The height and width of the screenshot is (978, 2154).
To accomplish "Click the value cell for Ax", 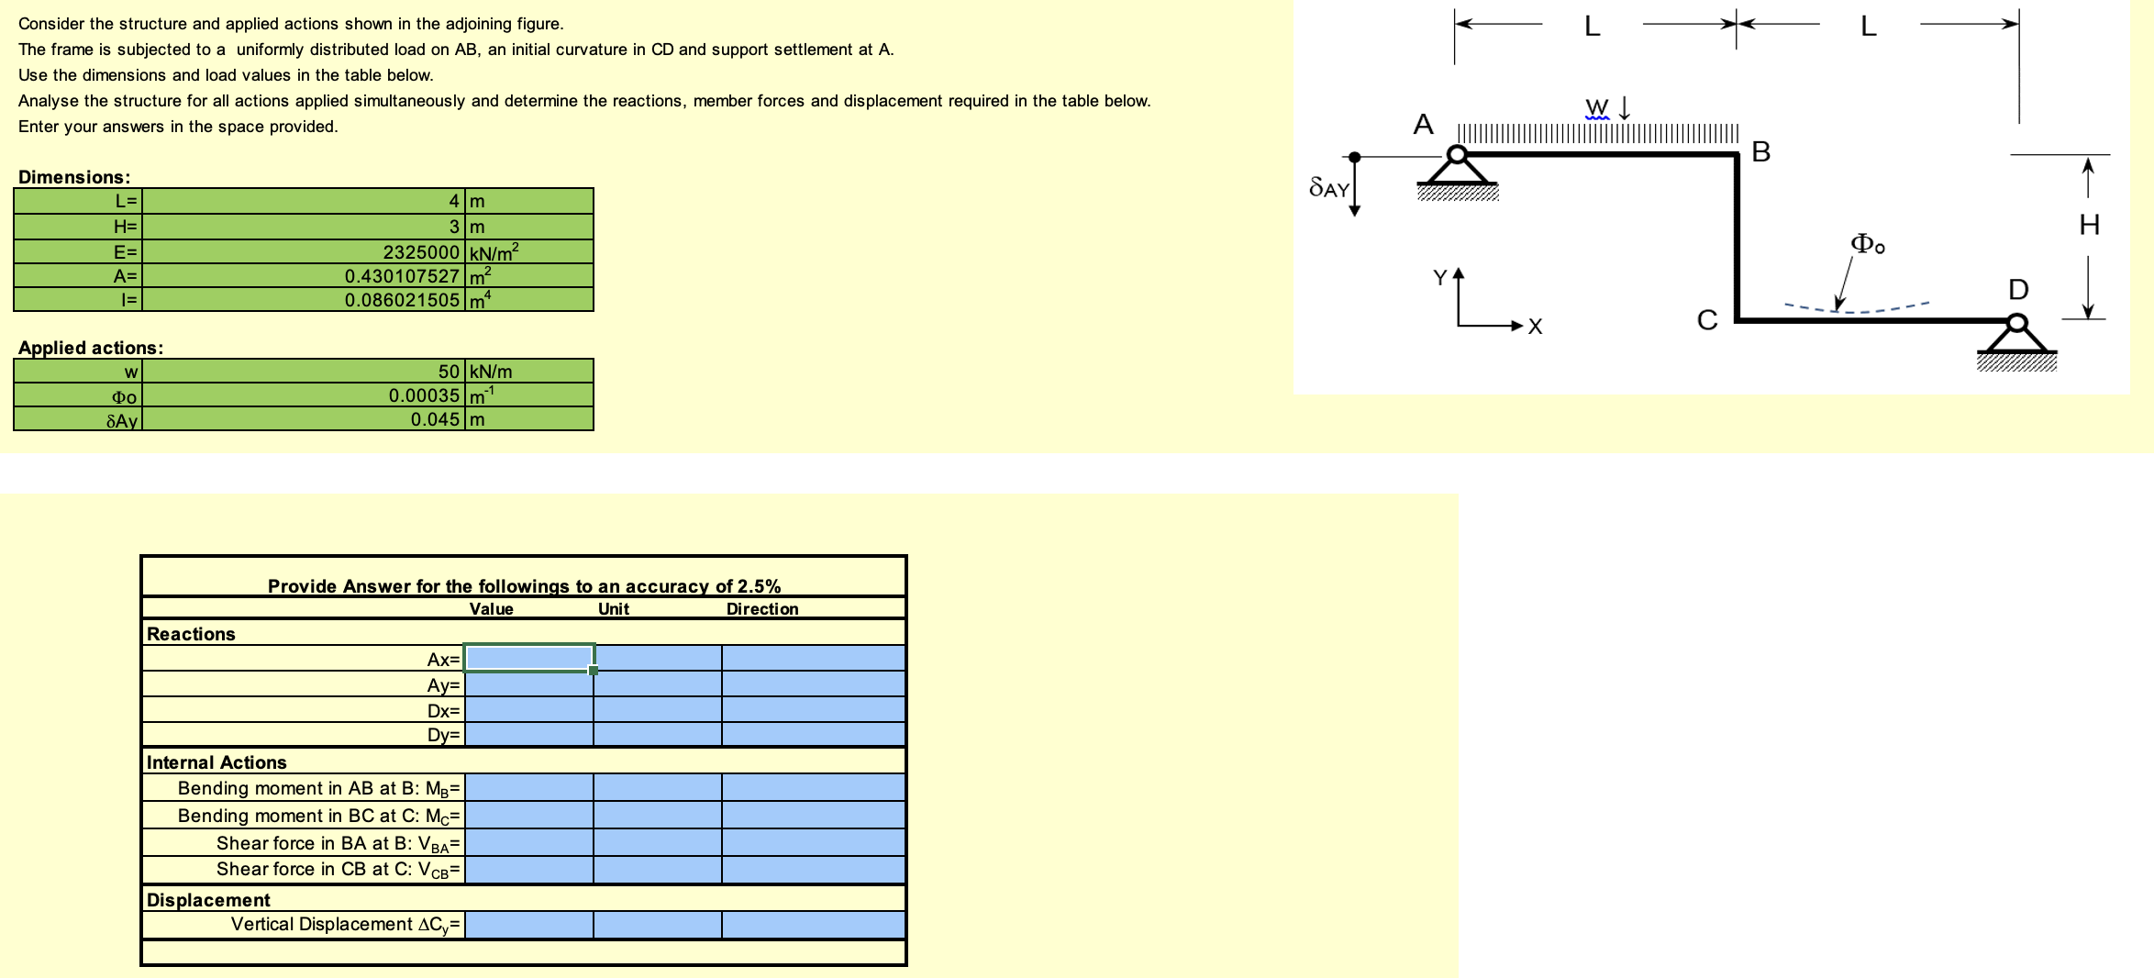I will tap(529, 658).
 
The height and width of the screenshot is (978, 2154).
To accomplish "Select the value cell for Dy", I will tap(529, 735).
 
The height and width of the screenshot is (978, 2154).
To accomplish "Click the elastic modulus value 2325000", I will tap(420, 252).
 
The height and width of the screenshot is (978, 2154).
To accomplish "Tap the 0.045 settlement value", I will tap(435, 419).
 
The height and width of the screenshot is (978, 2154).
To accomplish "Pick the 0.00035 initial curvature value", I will tap(424, 395).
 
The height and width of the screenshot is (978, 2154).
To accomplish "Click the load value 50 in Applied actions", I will tap(448, 372).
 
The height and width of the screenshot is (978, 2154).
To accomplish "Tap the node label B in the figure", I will tap(1760, 152).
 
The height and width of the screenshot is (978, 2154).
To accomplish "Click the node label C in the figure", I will tap(1706, 320).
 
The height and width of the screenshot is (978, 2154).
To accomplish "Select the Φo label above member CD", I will tap(1867, 244).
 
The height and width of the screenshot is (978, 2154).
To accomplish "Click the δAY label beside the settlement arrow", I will tap(1328, 188).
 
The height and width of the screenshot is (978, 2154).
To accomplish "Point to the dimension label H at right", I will tap(2089, 225).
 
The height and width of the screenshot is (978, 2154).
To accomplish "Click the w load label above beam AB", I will tap(1596, 107).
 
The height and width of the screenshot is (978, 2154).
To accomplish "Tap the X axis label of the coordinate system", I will tap(1535, 327).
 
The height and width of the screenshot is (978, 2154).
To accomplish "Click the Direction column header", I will tap(761, 609).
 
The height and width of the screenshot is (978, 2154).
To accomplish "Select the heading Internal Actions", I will tap(217, 762).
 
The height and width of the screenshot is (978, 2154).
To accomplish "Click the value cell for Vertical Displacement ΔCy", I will tap(529, 924).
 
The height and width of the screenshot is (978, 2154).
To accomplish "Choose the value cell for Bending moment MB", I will tap(529, 788).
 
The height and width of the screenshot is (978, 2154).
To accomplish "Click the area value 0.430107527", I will tap(402, 276).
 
